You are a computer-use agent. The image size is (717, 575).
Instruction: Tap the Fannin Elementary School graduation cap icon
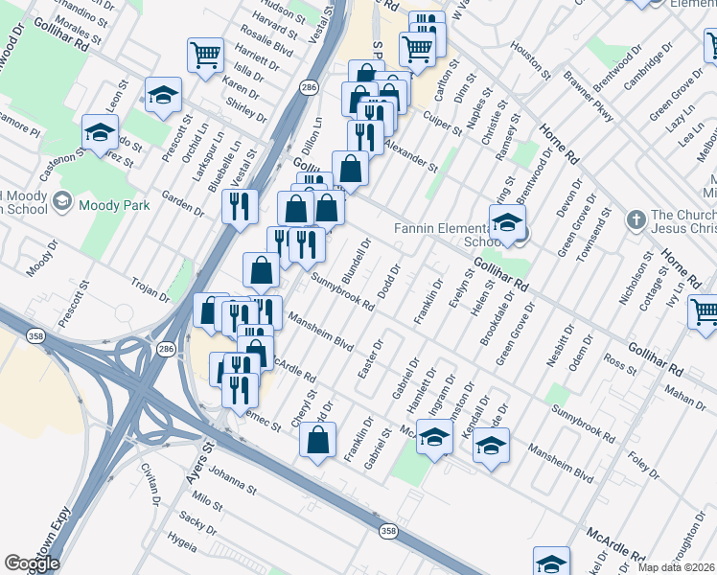click(506, 224)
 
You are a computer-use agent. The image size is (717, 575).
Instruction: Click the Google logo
click(33, 563)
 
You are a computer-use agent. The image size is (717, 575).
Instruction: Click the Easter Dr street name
click(370, 356)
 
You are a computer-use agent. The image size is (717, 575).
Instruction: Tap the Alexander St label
click(411, 152)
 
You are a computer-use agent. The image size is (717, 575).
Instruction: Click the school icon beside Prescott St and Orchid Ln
click(164, 94)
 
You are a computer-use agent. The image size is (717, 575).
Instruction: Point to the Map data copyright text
click(677, 567)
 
